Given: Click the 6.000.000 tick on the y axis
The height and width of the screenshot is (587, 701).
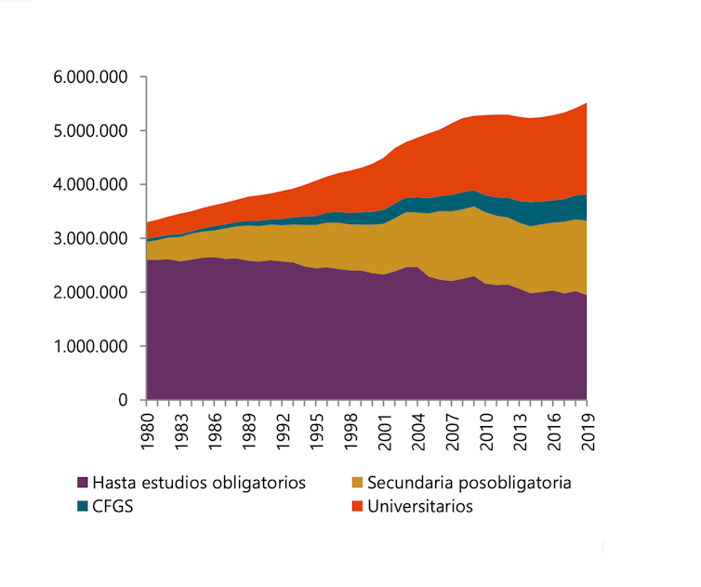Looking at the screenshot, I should pyautogui.click(x=89, y=77).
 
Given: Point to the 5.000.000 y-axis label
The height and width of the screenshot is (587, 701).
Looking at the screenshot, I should pyautogui.click(x=89, y=131).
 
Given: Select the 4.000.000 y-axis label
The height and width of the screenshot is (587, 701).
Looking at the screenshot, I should pyautogui.click(x=89, y=185).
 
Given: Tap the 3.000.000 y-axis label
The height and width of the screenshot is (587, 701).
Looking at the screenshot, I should pyautogui.click(x=89, y=239).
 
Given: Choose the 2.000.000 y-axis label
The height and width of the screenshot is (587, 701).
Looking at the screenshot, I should pyautogui.click(x=89, y=293).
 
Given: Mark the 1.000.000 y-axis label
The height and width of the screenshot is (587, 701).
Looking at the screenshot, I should pyautogui.click(x=89, y=347).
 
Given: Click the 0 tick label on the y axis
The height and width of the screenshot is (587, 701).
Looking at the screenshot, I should pyautogui.click(x=121, y=401).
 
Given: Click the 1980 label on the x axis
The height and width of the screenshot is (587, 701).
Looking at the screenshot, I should pyautogui.click(x=148, y=432).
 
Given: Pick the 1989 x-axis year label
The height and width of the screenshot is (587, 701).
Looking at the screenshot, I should pyautogui.click(x=249, y=432).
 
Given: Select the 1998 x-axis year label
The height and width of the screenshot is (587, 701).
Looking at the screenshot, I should pyautogui.click(x=351, y=432).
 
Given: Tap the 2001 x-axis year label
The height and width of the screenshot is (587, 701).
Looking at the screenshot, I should pyautogui.click(x=385, y=432).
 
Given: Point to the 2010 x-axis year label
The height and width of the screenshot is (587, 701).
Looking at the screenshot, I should pyautogui.click(x=486, y=432).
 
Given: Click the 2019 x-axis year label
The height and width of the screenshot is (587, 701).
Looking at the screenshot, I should pyautogui.click(x=588, y=432).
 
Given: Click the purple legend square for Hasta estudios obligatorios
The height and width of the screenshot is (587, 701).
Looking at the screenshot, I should pyautogui.click(x=83, y=484).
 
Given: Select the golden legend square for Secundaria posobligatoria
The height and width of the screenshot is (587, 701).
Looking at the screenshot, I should pyautogui.click(x=357, y=484).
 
